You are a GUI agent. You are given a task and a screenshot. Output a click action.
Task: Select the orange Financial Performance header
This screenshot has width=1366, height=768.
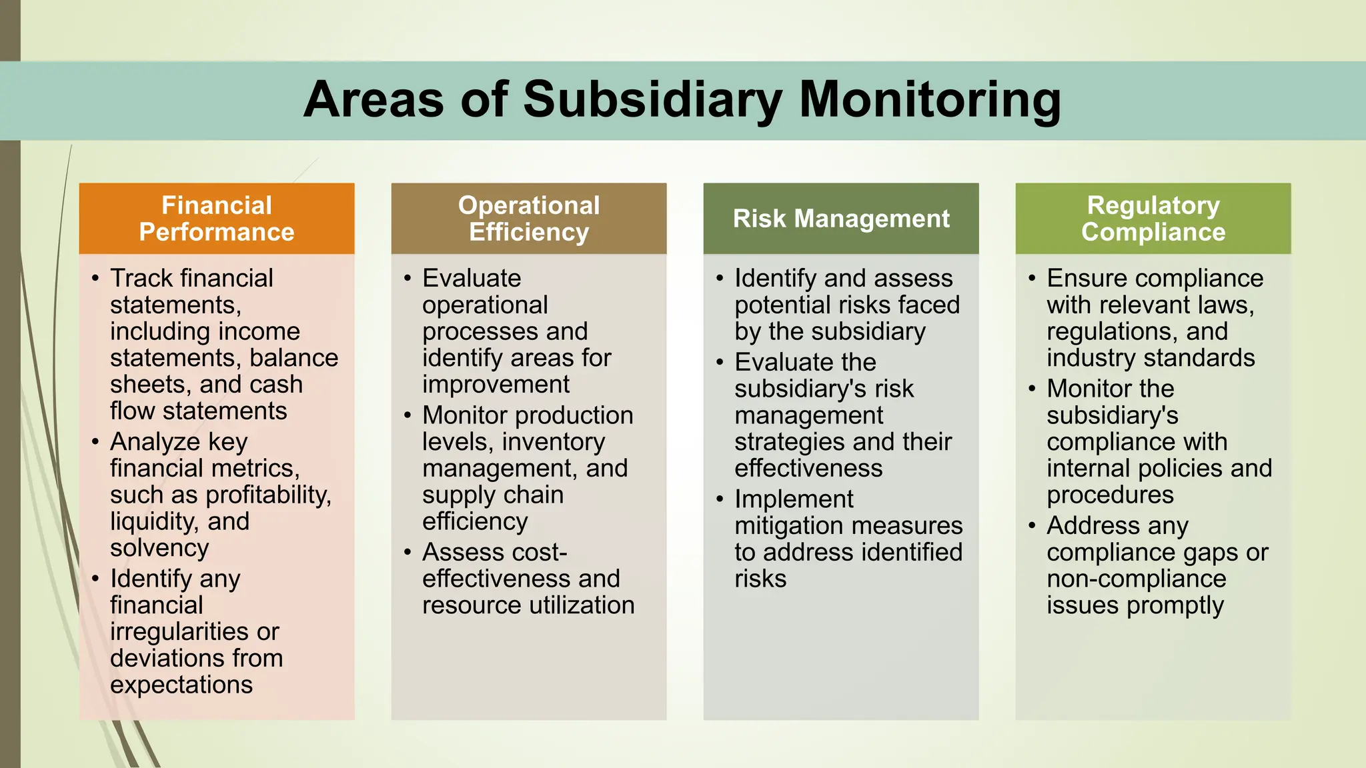217,219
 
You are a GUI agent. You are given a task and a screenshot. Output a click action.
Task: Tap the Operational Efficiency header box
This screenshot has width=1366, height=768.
529,219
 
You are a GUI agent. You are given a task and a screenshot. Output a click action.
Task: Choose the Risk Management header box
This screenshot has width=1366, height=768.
841,219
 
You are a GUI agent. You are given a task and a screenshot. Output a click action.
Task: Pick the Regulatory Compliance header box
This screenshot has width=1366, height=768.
1153,219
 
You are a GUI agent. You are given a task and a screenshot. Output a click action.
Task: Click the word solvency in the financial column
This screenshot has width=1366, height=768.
159,548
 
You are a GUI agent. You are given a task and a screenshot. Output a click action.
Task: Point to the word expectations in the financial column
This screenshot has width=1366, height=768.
181,685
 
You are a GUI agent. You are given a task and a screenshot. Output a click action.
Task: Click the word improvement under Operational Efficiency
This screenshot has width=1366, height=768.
496,385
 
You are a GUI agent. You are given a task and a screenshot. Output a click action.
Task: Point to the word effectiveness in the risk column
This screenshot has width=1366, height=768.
808,469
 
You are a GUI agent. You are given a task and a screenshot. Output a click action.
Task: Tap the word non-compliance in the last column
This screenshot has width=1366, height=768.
1136,579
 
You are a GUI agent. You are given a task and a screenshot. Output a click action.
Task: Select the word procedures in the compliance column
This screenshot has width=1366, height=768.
1110,495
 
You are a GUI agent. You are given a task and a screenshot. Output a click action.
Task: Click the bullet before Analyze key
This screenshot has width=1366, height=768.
96,441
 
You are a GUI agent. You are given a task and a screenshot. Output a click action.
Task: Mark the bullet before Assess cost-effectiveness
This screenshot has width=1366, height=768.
408,552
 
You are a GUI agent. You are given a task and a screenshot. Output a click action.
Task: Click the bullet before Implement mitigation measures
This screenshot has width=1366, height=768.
720,499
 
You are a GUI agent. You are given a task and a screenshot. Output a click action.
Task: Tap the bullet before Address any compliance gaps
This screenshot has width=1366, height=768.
1033,525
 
